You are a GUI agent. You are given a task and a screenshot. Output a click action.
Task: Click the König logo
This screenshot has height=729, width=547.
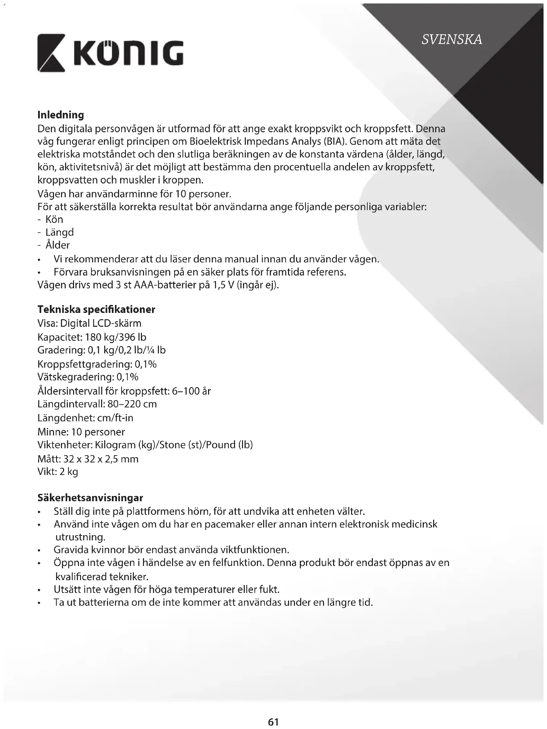pos(110,53)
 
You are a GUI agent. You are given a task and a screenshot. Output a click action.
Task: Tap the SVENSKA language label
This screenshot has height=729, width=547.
pos(451,39)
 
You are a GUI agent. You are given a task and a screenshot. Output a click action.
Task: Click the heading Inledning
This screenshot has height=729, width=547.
pos(61,115)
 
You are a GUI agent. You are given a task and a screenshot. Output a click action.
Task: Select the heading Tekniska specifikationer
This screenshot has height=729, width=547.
pos(96,309)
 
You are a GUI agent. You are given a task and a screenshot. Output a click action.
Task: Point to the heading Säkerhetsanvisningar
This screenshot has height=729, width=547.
pos(90,498)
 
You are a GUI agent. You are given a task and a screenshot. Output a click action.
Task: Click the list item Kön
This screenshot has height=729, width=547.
pos(54,219)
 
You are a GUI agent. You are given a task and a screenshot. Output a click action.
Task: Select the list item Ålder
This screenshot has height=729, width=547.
pos(58,245)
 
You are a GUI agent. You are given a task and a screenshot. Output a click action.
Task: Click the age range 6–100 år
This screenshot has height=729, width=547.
pos(191,391)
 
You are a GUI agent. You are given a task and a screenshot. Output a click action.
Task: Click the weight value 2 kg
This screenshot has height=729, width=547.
pos(69,472)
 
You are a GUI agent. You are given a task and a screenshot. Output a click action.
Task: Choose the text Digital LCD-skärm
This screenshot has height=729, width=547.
pos(101,323)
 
